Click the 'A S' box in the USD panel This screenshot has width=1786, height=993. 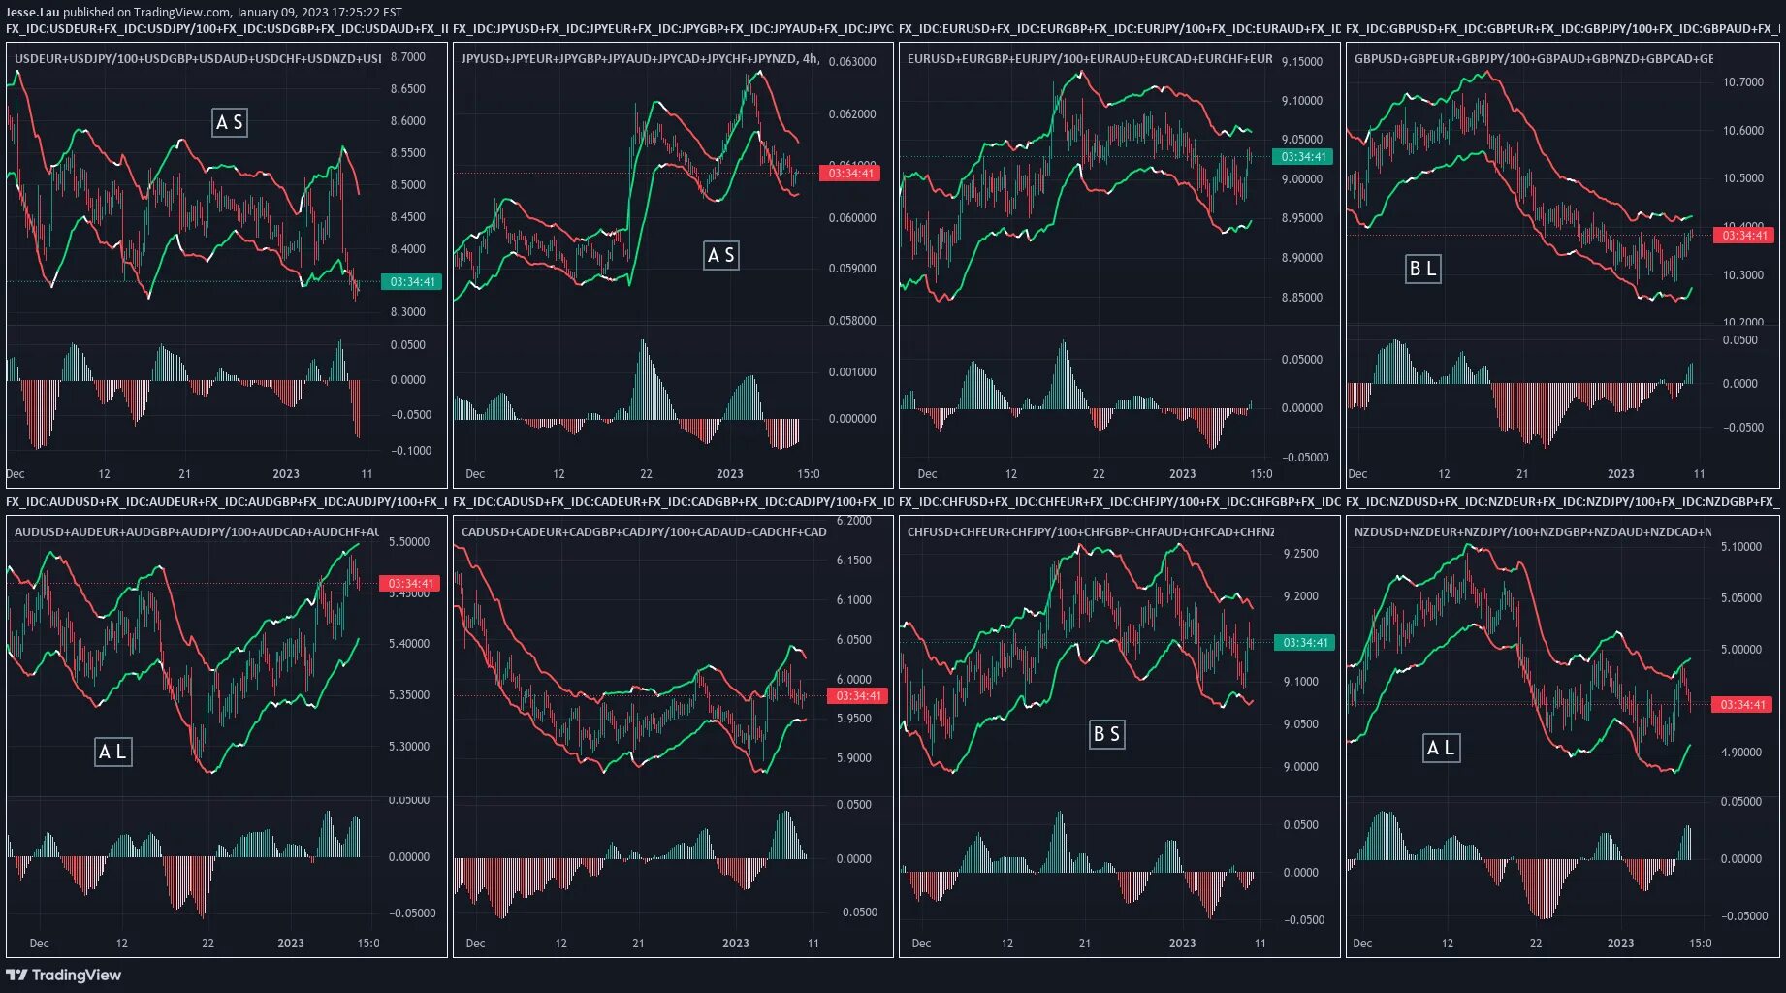[x=230, y=122]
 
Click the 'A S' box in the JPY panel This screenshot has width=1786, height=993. [x=721, y=255]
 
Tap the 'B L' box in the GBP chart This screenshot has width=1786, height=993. [x=1422, y=269]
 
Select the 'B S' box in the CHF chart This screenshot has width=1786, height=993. [x=1106, y=734]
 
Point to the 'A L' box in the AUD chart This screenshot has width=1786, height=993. [x=112, y=752]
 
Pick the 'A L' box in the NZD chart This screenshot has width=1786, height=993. [x=1441, y=748]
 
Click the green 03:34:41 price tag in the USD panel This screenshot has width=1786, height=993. [x=413, y=282]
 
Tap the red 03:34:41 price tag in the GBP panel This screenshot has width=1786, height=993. [x=1744, y=235]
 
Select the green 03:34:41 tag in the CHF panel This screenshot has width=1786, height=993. [x=1305, y=643]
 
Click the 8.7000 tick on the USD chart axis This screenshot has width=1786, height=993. [x=408, y=57]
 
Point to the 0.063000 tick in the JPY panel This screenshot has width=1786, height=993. [x=852, y=62]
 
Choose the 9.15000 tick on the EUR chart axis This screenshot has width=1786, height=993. [x=1302, y=62]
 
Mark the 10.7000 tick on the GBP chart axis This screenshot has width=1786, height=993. [x=1743, y=82]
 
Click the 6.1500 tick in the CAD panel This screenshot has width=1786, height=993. [x=853, y=561]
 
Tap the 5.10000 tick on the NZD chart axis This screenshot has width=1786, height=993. [x=1741, y=547]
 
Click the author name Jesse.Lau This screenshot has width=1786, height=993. [x=32, y=12]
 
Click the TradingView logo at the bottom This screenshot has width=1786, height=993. [x=64, y=976]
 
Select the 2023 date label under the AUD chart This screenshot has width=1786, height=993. [x=291, y=944]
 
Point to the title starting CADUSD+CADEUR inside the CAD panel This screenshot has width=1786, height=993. [x=644, y=532]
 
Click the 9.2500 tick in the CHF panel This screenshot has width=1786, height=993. [x=1301, y=554]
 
